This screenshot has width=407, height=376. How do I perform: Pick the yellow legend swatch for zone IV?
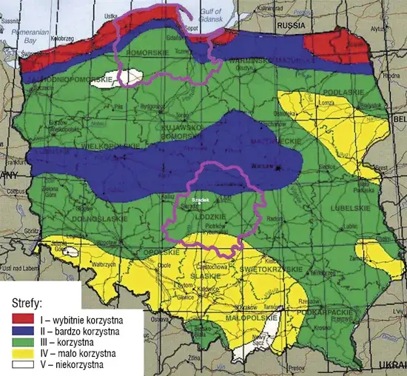click(23, 353)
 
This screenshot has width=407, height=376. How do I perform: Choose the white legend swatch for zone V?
click(23, 364)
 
